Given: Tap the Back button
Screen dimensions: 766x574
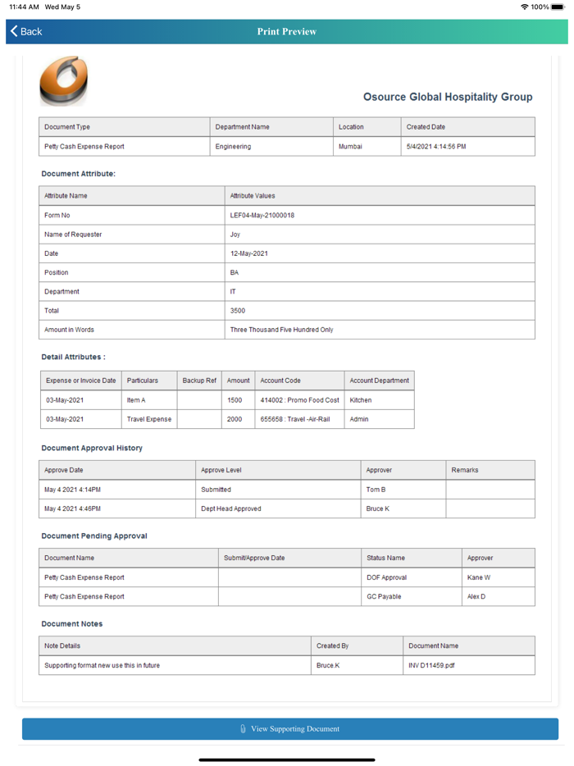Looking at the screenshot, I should click(26, 31).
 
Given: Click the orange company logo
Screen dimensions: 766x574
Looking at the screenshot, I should click(62, 80).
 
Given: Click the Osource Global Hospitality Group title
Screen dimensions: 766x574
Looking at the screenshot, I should click(448, 97).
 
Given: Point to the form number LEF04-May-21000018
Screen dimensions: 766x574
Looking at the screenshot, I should click(262, 216).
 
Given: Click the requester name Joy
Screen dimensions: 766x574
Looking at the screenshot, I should click(235, 235).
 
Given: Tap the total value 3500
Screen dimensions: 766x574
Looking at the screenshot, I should click(238, 311).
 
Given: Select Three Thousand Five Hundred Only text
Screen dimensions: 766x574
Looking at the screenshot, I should click(281, 330).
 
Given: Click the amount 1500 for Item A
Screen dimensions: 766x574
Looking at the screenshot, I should click(235, 400).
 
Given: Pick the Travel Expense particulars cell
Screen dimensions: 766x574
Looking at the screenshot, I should click(149, 419).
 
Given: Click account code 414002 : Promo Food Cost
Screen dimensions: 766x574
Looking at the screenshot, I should click(299, 400).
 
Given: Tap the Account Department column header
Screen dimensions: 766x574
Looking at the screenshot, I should click(379, 381).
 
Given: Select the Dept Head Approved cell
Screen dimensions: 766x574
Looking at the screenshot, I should click(231, 508).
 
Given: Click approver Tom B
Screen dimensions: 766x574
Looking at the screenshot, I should click(376, 490).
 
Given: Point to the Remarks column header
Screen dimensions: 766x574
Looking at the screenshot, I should click(465, 470).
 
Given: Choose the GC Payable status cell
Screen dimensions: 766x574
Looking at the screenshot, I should click(384, 596).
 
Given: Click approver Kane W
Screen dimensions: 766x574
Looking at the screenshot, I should click(479, 577).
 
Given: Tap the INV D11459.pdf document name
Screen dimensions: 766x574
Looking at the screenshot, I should click(431, 665).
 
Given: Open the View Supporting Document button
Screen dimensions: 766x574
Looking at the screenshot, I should click(290, 728).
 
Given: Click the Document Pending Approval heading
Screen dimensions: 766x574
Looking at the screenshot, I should click(94, 536).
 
